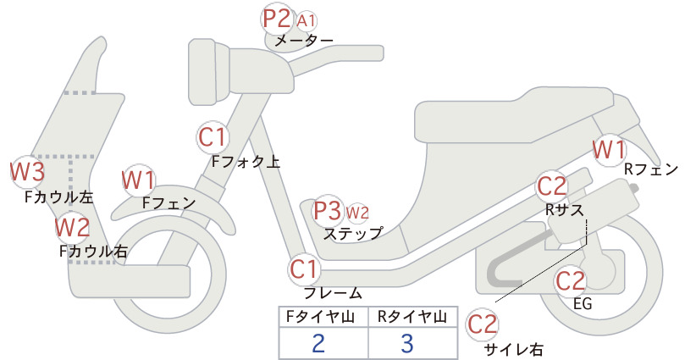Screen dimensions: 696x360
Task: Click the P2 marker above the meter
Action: coord(277,19)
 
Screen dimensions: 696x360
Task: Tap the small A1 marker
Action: coord(307,21)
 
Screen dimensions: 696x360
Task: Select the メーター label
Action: coord(304,41)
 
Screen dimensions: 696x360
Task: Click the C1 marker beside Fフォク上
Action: coord(213,137)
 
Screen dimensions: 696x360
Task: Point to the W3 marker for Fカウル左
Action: coord(28,172)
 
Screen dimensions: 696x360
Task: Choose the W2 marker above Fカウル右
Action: coord(72,227)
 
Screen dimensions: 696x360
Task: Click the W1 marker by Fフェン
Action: coord(139,180)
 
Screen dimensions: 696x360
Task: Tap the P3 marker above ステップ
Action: coord(327,211)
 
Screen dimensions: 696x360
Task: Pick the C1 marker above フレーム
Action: coord(305,269)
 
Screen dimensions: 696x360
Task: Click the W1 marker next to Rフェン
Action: coord(609,150)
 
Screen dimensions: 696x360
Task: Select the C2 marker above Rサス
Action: coord(552,186)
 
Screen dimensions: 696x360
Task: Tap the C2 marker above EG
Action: coord(571,280)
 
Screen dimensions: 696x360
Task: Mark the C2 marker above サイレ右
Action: coord(482,324)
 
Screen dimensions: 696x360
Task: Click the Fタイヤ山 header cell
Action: coord(323,317)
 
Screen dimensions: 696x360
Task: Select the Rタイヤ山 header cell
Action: coord(413,317)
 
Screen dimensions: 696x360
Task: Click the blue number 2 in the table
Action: coord(318,343)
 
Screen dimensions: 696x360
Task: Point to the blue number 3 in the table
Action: coord(407,343)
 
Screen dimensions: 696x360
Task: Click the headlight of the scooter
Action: coord(208,72)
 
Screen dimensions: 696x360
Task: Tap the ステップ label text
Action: coord(353,234)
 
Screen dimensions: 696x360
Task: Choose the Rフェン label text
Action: coord(651,169)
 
